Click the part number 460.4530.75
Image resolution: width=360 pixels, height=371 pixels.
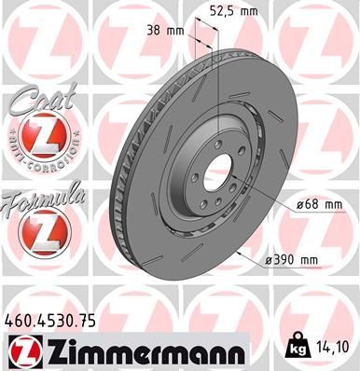coord(58,319)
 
